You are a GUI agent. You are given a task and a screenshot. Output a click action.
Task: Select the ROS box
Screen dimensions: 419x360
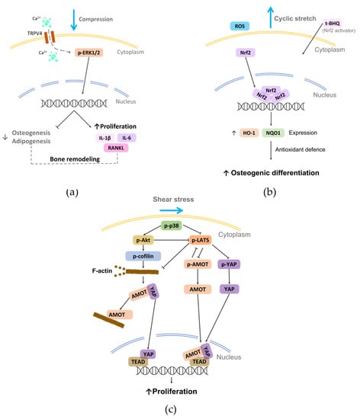219,25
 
